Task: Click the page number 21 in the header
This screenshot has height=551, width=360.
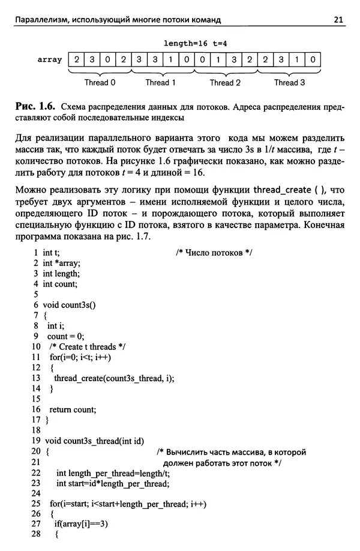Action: click(338, 20)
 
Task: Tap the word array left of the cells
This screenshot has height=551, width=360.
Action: click(50, 60)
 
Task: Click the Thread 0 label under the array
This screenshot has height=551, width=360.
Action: click(100, 83)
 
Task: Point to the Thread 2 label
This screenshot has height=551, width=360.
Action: click(226, 83)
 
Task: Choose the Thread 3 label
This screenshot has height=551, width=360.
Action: click(290, 83)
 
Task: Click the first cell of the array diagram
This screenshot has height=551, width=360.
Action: click(77, 60)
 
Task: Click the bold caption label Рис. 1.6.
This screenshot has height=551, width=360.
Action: click(35, 106)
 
